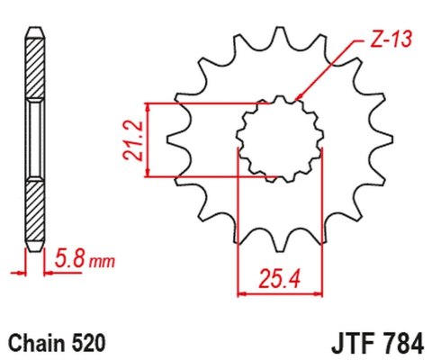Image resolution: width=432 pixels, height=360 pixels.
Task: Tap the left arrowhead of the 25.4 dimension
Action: tap(241, 292)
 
